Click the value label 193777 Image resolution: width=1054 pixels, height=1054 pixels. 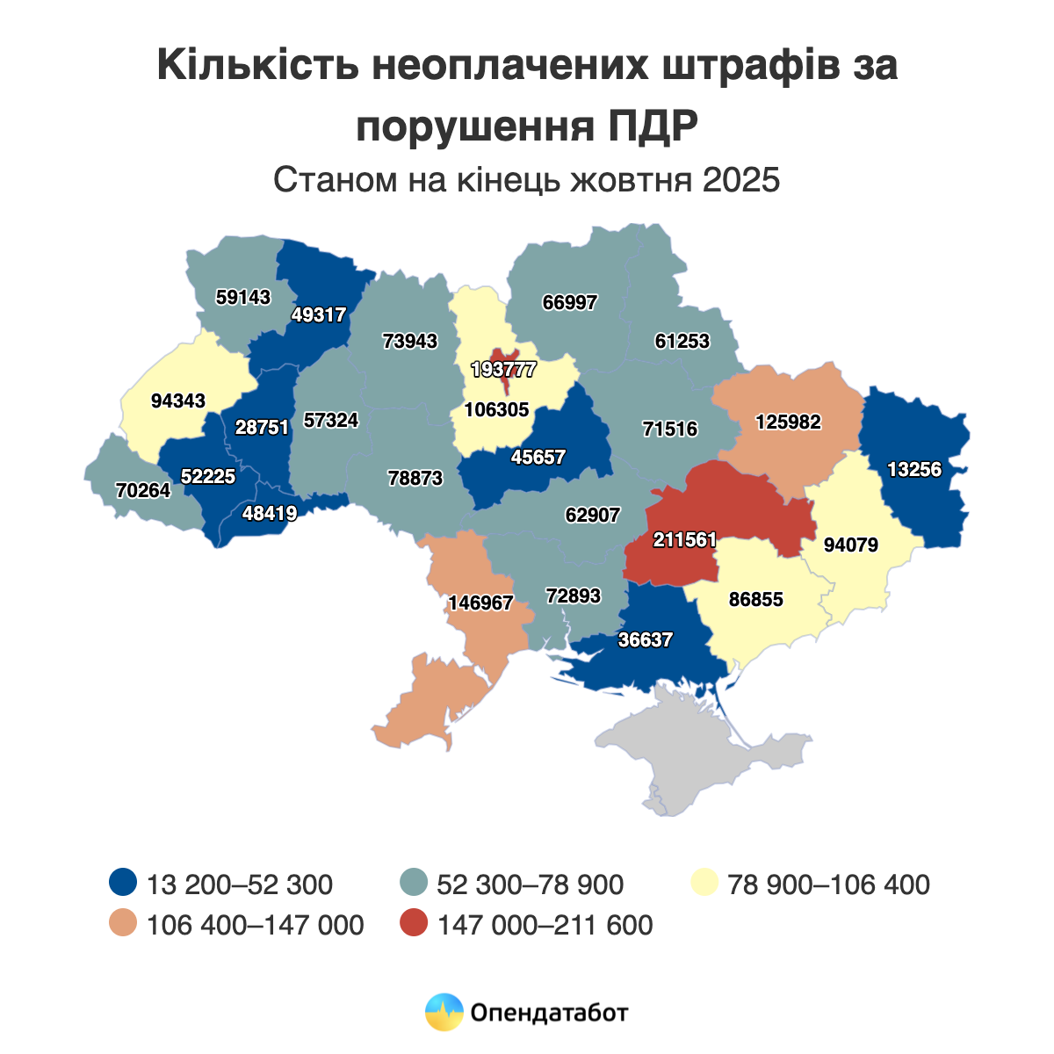(503, 370)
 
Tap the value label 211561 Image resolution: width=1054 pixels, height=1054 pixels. (685, 540)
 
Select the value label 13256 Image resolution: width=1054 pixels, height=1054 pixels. (913, 470)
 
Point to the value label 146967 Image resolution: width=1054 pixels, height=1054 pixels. (480, 603)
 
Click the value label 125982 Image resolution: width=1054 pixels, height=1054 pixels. (788, 422)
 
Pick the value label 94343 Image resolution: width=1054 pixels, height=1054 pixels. (178, 401)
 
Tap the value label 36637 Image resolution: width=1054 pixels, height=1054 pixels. (645, 640)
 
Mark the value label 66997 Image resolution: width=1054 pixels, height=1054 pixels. (569, 303)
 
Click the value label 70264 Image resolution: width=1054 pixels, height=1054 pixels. (143, 491)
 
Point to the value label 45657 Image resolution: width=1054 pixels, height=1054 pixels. (538, 458)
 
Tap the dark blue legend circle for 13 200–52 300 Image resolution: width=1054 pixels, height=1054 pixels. (124, 883)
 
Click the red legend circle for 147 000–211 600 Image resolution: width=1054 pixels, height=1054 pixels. (413, 925)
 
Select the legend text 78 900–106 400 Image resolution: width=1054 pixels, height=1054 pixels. (828, 884)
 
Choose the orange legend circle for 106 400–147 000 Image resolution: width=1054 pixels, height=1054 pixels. (124, 925)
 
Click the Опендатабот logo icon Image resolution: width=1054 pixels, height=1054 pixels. (444, 1012)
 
